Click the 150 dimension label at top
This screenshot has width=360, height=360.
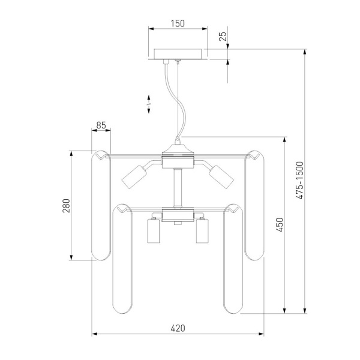pos(177,24)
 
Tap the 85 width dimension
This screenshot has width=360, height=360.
pos(101,126)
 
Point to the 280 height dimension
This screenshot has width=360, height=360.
pos(67,206)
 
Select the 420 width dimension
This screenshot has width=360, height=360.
pos(177,328)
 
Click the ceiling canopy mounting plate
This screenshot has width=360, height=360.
pos(179,54)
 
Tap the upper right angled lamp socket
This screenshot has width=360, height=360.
pos(221,176)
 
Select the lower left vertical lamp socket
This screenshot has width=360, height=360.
pos(153,231)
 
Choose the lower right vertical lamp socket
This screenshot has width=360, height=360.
pos(202,231)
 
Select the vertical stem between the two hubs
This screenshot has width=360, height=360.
pos(178,189)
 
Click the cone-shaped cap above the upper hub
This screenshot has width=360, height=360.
pos(178,145)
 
